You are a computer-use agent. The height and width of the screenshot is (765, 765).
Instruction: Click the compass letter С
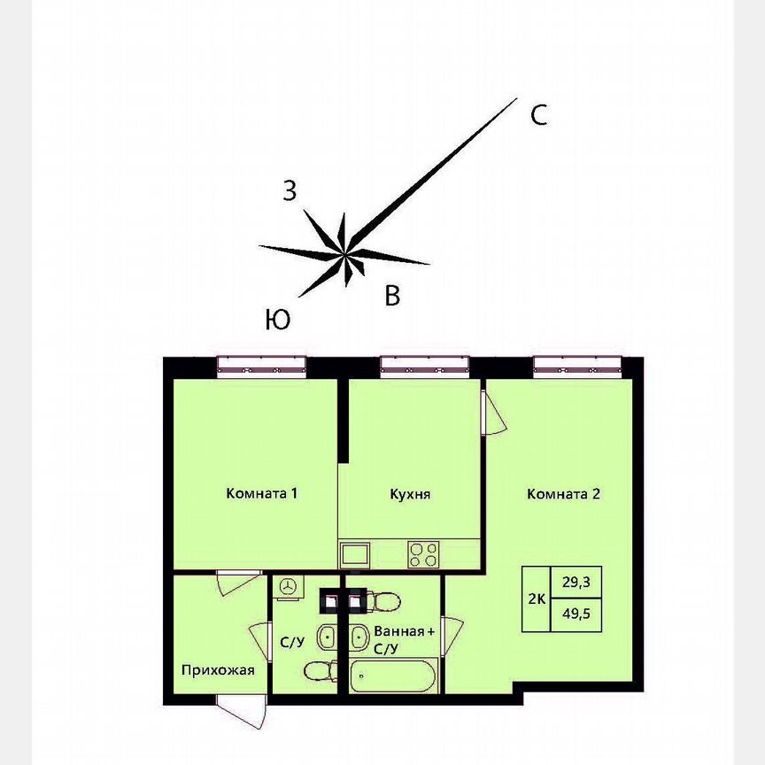[x=538, y=115]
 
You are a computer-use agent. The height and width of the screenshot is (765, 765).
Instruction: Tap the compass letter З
[x=290, y=189]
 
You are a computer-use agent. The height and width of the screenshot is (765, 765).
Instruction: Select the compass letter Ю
[x=277, y=320]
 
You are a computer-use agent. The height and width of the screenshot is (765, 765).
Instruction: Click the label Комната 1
[x=261, y=494]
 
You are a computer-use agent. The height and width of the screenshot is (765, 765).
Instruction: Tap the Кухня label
[x=410, y=494]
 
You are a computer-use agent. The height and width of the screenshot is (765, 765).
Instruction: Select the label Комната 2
[x=564, y=494]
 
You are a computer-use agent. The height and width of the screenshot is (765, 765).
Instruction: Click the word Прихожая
[x=218, y=670]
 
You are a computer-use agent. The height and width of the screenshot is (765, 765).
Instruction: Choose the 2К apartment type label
[x=537, y=599]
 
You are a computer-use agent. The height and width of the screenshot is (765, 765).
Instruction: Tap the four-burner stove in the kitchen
[x=423, y=554]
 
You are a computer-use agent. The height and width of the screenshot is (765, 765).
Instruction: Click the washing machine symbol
[x=289, y=586]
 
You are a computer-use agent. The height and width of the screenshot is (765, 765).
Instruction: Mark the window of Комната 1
[x=261, y=366]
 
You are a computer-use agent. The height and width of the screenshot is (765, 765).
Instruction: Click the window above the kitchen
[x=423, y=366]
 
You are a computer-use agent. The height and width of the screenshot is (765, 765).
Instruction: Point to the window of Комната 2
[x=577, y=366]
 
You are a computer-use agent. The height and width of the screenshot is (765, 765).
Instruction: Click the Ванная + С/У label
[x=404, y=640]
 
